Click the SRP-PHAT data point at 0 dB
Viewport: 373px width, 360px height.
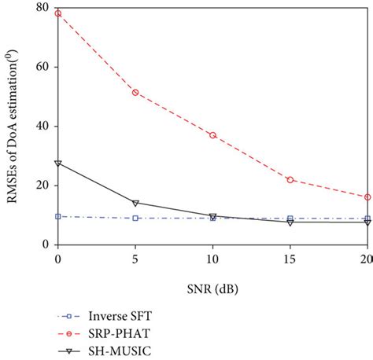tap(57, 13)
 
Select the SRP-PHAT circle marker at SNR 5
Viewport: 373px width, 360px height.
tap(135, 92)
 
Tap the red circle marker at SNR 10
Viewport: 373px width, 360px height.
tap(212, 135)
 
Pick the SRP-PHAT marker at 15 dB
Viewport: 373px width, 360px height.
tap(290, 180)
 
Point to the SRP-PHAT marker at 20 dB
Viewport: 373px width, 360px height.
tap(367, 197)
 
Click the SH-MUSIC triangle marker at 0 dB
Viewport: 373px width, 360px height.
tap(57, 163)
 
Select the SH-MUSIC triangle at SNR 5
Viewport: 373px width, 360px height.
tap(135, 203)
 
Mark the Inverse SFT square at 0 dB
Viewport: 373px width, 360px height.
tap(57, 216)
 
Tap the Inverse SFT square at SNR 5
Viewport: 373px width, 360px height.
tap(135, 218)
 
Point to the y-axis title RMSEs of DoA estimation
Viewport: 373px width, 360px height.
tap(13, 126)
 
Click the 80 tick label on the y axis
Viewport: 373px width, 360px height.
tap(41, 8)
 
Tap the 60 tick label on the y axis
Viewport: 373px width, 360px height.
tap(41, 67)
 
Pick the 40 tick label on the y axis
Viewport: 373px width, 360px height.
tap(41, 126)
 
